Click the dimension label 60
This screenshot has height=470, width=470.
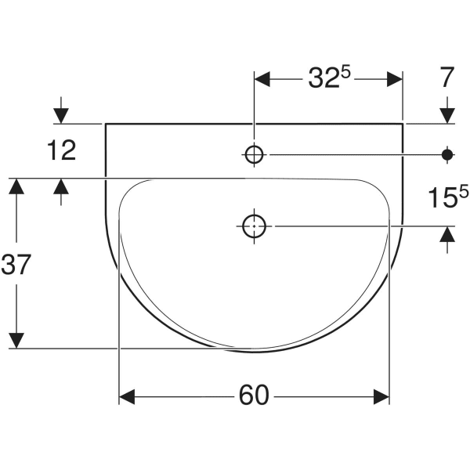pyautogui.click(x=254, y=397)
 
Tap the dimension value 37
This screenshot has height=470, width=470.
pyautogui.click(x=16, y=266)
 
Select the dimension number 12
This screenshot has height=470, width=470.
pyautogui.click(x=62, y=150)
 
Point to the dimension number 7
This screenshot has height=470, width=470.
pyautogui.click(x=447, y=78)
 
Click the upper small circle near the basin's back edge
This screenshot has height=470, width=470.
pyautogui.click(x=254, y=155)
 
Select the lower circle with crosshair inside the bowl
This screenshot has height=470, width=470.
pyautogui.click(x=254, y=226)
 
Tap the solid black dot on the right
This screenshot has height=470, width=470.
pyautogui.click(x=447, y=155)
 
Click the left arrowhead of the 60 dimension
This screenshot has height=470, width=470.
pyautogui.click(x=128, y=398)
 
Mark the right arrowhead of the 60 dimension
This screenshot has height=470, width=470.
pyautogui.click(x=381, y=398)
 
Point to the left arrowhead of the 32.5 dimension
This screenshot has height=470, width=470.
pyautogui.click(x=262, y=79)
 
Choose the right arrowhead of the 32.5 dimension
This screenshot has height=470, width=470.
pyautogui.click(x=393, y=79)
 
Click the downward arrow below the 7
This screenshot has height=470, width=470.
pyautogui.click(x=447, y=114)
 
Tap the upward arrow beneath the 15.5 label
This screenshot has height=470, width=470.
pyautogui.click(x=447, y=235)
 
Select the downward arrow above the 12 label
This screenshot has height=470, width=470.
pyautogui.click(x=62, y=114)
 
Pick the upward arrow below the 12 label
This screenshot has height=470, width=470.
pyautogui.click(x=62, y=187)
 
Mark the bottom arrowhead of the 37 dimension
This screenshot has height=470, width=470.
pyautogui.click(x=16, y=340)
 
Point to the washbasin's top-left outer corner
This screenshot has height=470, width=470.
pyautogui.click(x=105, y=124)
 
